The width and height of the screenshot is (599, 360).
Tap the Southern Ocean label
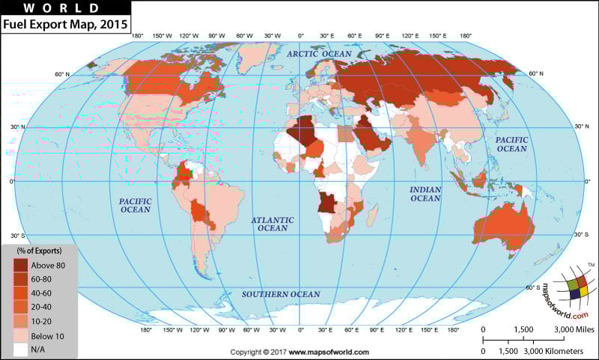pyautogui.click(x=280, y=294)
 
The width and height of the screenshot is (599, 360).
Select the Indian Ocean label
pyautogui.click(x=425, y=194)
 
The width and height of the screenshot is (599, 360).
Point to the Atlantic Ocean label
pyautogui.click(x=273, y=224)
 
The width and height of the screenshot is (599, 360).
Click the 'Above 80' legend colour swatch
pyautogui.click(x=20, y=264)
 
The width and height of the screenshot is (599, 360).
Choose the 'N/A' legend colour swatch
pyautogui.click(x=20, y=350)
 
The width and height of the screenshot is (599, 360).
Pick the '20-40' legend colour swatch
pyautogui.click(x=20, y=307)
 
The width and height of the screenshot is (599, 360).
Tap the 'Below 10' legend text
pyautogui.click(x=47, y=336)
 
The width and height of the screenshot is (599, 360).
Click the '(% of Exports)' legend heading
pyautogui.click(x=39, y=250)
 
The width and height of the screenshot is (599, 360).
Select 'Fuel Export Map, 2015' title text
pyautogui.click(x=65, y=24)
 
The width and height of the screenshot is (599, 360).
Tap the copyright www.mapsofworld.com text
pyautogui.click(x=299, y=352)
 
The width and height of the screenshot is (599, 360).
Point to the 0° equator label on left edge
pyautogui.click(x=11, y=181)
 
